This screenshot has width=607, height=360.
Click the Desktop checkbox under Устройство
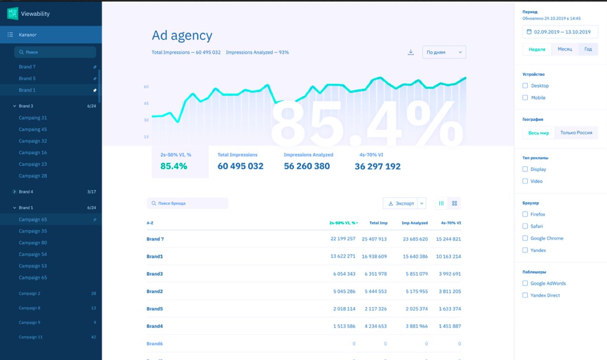(525, 86)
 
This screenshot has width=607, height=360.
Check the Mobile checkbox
(525, 98)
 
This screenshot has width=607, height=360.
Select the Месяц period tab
(565, 49)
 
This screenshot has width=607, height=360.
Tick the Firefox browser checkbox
(525, 214)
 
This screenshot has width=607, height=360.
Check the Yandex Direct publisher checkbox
(525, 295)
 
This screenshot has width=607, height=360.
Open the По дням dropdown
(444, 52)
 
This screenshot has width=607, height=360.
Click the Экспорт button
(401, 203)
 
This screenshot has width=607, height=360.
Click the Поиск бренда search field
(187, 203)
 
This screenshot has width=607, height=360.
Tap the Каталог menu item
(28, 35)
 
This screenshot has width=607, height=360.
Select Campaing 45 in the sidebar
(33, 129)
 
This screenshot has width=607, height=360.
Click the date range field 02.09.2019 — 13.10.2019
(560, 32)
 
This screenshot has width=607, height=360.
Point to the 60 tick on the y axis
(146, 87)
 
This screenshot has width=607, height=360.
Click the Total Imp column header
(378, 223)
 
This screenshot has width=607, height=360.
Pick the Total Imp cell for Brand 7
(374, 239)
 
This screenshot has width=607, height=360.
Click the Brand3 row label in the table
(155, 274)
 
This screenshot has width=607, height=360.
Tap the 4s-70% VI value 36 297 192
(377, 167)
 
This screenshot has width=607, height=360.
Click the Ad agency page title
(182, 35)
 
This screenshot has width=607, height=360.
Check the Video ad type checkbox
(525, 181)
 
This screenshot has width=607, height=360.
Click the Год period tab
(588, 49)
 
